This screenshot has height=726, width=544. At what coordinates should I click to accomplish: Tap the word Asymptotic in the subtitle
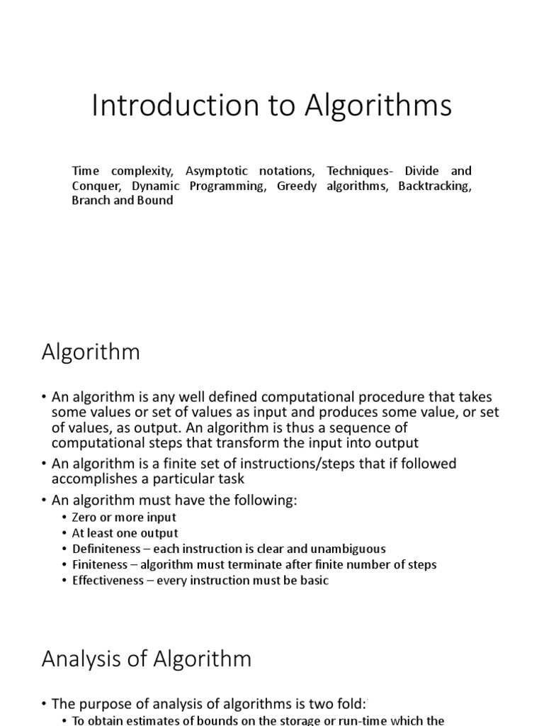(x=215, y=171)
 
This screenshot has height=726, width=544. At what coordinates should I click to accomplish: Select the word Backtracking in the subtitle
(x=434, y=186)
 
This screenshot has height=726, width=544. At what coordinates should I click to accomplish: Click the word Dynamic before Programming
(x=159, y=186)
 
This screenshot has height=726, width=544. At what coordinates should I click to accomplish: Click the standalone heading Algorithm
(x=91, y=352)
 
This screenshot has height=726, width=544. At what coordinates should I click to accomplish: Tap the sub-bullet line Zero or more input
(x=124, y=518)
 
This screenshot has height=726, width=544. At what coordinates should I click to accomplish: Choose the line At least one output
(x=125, y=533)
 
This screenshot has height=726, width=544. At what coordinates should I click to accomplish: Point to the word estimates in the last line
(x=144, y=720)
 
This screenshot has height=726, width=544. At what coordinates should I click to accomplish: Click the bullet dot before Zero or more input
(x=64, y=518)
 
